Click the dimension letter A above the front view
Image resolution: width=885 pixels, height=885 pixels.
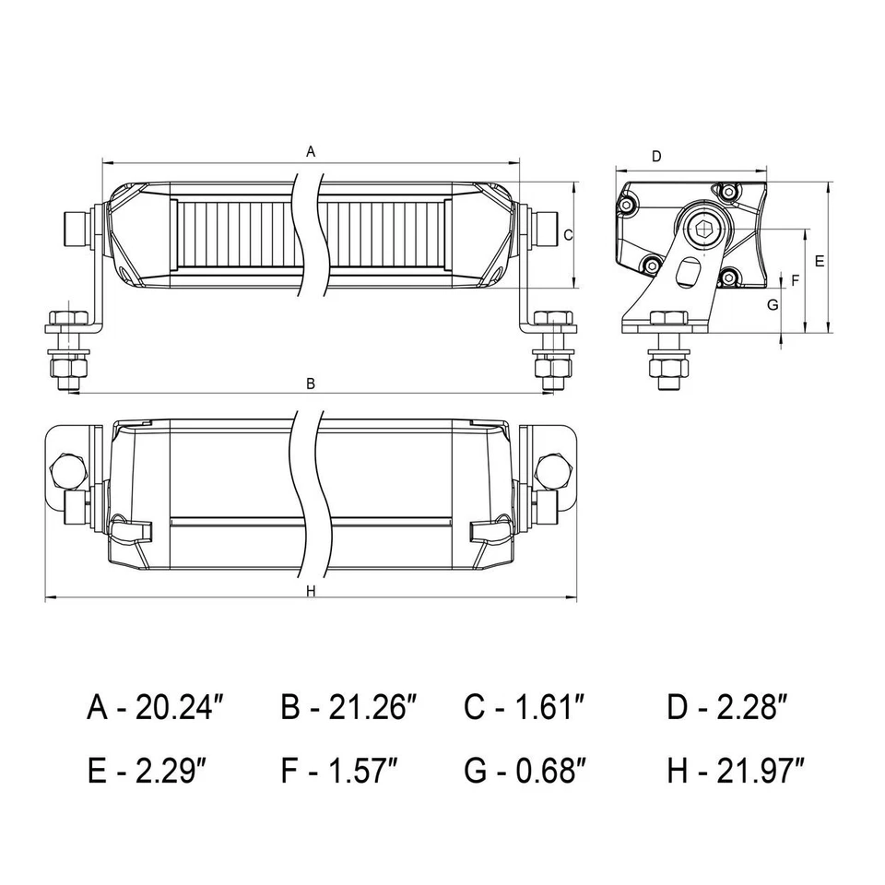pos(311,150)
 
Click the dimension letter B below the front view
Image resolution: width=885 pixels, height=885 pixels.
pos(311,383)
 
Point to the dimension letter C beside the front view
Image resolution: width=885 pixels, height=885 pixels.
pos(568,234)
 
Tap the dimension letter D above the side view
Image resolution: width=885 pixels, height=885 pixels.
pos(655,157)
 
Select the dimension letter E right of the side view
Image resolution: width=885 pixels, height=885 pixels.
pos(820,261)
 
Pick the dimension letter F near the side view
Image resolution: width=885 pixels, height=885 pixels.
pos(795,279)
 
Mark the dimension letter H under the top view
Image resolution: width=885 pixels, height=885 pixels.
pos(311,591)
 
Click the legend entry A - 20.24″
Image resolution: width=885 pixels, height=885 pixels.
pos(156,708)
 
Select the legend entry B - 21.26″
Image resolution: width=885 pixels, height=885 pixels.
pos(349,708)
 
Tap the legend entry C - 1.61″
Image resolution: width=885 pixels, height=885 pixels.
pos(525,708)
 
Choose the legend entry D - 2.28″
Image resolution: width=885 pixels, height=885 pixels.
pos(727,708)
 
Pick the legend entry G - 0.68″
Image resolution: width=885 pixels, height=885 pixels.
pos(525,771)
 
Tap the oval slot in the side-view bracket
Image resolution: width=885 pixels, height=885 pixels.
pos(686,274)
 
